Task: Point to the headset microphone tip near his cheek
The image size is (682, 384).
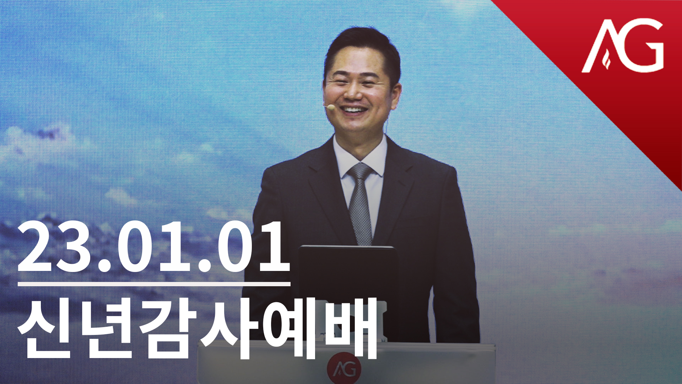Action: coord(330,106)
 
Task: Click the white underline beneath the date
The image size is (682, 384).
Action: coord(154,284)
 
